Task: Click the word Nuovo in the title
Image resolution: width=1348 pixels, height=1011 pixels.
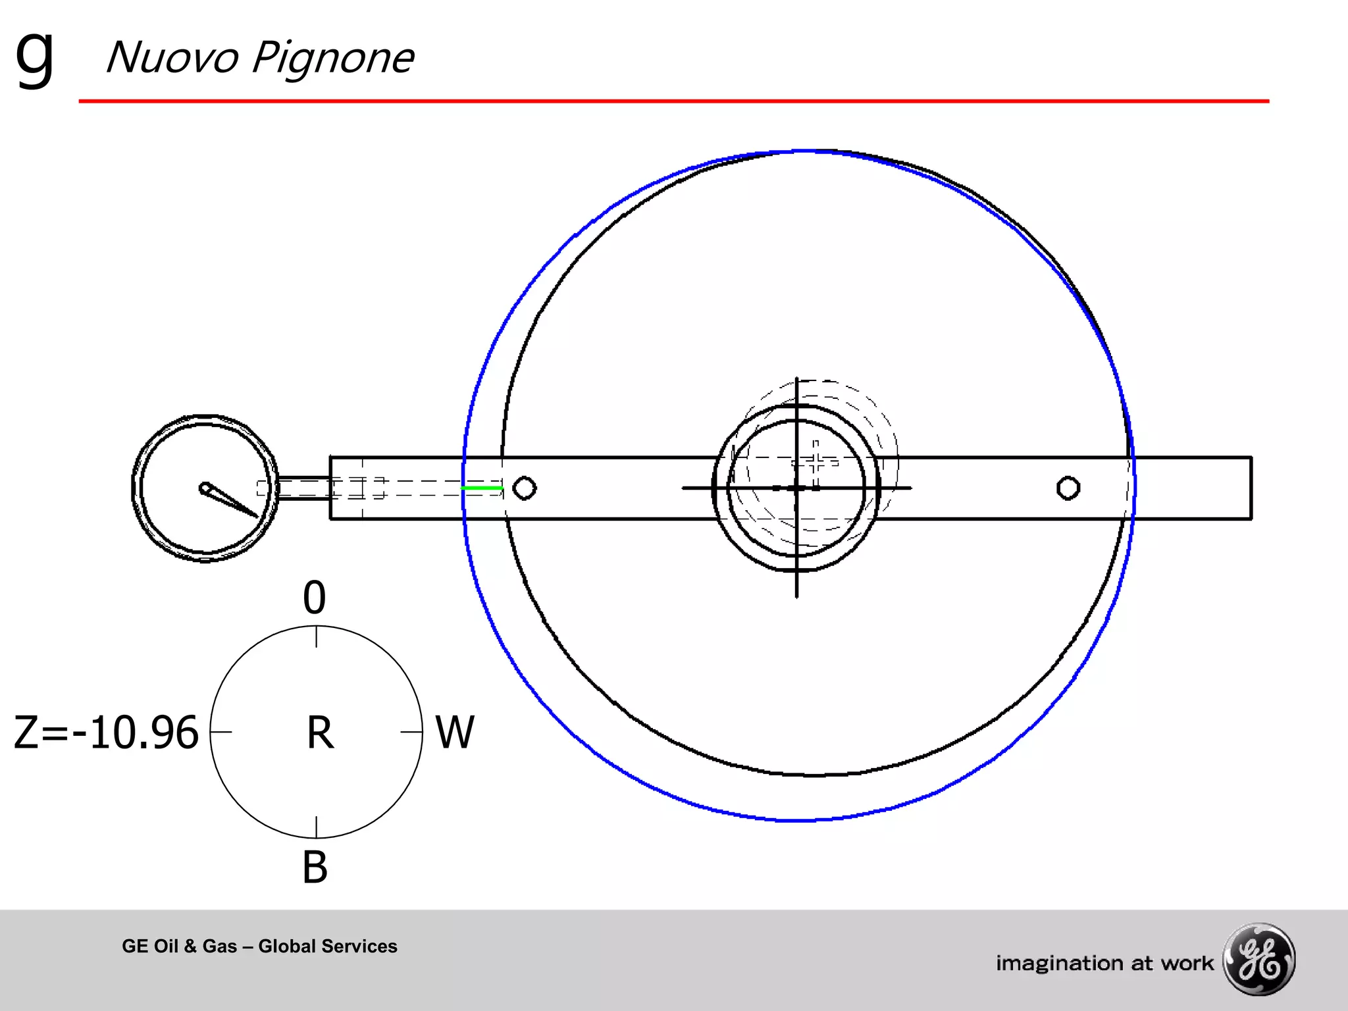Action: coord(172,58)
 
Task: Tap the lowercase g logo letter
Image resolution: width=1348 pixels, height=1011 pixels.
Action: coord(34,58)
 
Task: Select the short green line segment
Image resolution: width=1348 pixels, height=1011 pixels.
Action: coord(482,488)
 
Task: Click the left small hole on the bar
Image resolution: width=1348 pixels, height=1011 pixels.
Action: coord(525,488)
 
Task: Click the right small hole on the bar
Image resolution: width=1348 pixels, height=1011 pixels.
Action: coord(1068,488)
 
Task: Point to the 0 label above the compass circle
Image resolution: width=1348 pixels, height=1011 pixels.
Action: coord(315,598)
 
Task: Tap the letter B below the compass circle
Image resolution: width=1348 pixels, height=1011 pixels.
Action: coord(315,868)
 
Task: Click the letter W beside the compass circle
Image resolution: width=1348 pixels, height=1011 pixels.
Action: coord(455,733)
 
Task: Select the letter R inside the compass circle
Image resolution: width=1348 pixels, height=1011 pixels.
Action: coord(320,733)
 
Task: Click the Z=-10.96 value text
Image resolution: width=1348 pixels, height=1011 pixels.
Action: coord(106,733)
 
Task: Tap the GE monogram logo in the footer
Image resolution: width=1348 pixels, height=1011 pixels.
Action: coord(1258,959)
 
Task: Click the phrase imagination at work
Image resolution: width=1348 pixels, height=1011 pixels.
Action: coord(1104,964)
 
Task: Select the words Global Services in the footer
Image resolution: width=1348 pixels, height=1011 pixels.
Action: coord(328,946)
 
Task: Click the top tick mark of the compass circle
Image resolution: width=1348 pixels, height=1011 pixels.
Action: coord(317,637)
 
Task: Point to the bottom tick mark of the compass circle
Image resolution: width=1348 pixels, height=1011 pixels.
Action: coord(317,827)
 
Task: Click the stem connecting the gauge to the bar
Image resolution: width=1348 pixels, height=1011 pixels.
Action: coord(303,488)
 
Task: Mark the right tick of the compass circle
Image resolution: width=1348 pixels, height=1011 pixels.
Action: coord(411,732)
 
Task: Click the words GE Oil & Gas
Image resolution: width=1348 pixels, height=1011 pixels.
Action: coord(179,946)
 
